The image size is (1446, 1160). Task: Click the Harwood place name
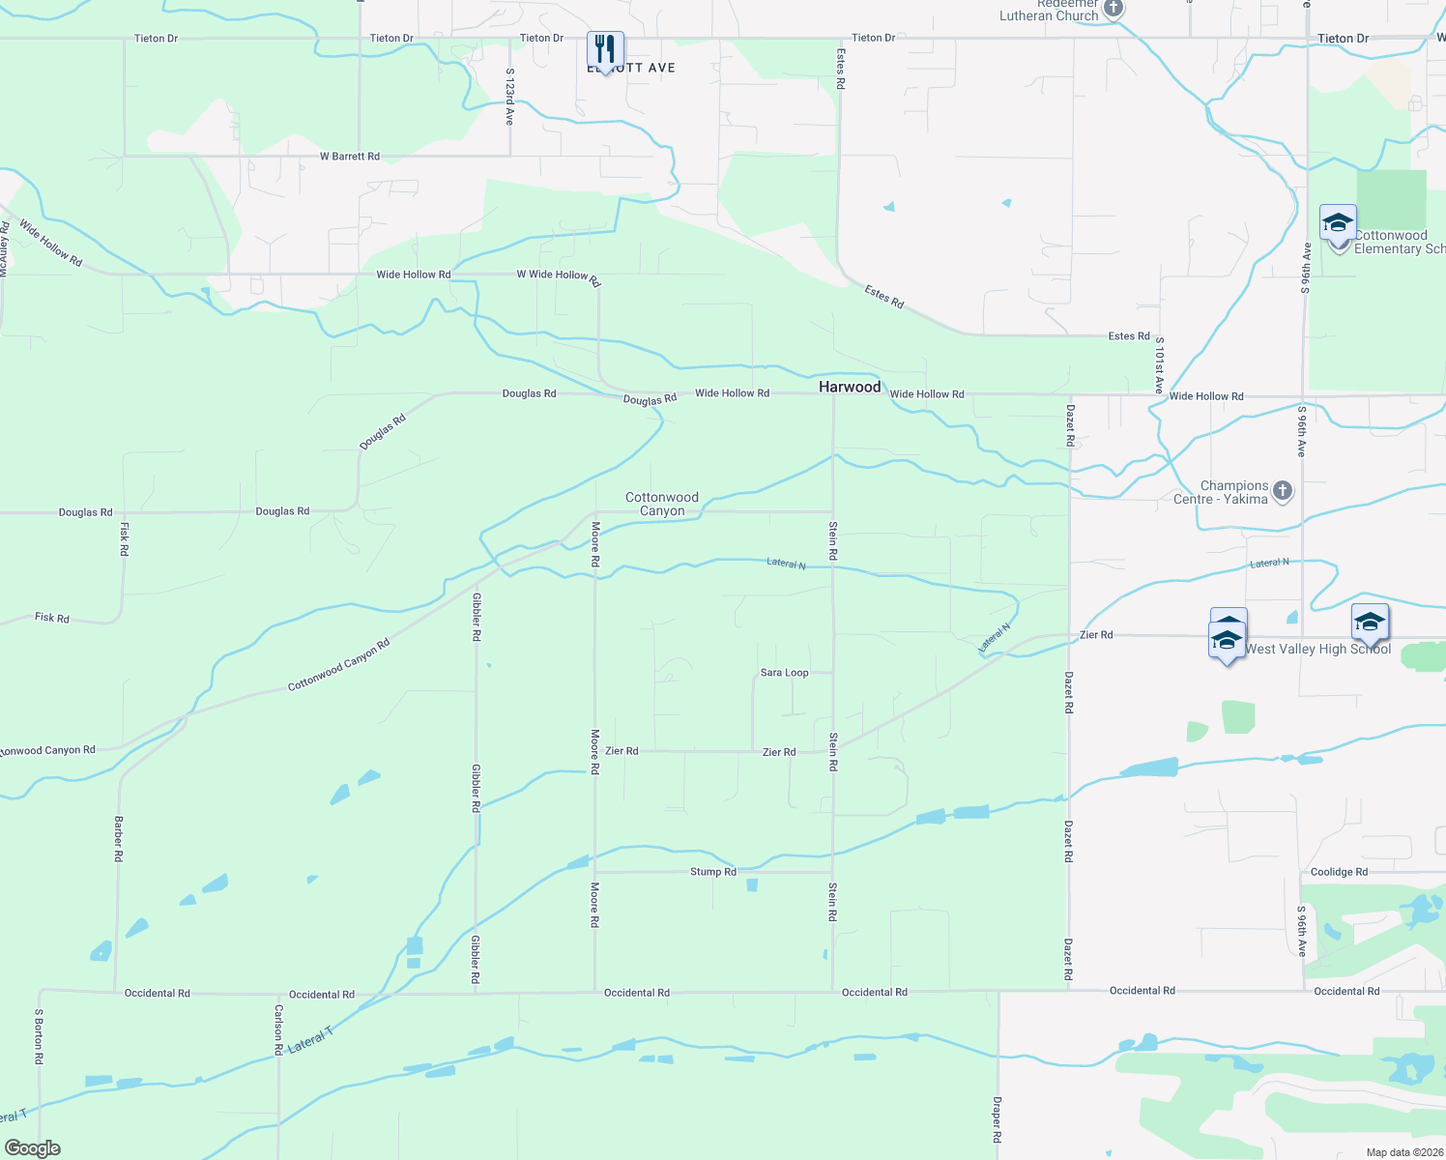click(850, 387)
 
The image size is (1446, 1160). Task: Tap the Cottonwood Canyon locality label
click(662, 504)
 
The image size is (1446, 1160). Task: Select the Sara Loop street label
click(784, 673)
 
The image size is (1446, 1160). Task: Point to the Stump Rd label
click(713, 872)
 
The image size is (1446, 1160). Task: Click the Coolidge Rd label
click(1339, 872)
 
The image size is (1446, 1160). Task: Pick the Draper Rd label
click(997, 1119)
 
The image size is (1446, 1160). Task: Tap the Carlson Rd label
click(278, 1029)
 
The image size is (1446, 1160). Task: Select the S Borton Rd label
click(39, 1037)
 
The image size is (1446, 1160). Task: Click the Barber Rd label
click(118, 838)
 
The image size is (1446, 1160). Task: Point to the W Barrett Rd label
click(350, 157)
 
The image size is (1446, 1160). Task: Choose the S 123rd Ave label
click(509, 97)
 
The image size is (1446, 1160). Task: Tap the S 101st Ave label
click(1159, 365)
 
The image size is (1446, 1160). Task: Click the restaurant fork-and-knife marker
click(605, 49)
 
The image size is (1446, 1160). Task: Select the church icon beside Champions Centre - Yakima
click(1283, 491)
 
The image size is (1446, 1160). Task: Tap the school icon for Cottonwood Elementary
click(1338, 224)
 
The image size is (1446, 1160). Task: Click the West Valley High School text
click(1317, 650)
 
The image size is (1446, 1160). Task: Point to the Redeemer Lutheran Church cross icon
click(1113, 10)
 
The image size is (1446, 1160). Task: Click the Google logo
click(33, 1148)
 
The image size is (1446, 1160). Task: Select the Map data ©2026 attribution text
click(1404, 1152)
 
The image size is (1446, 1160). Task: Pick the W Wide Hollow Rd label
click(559, 277)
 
